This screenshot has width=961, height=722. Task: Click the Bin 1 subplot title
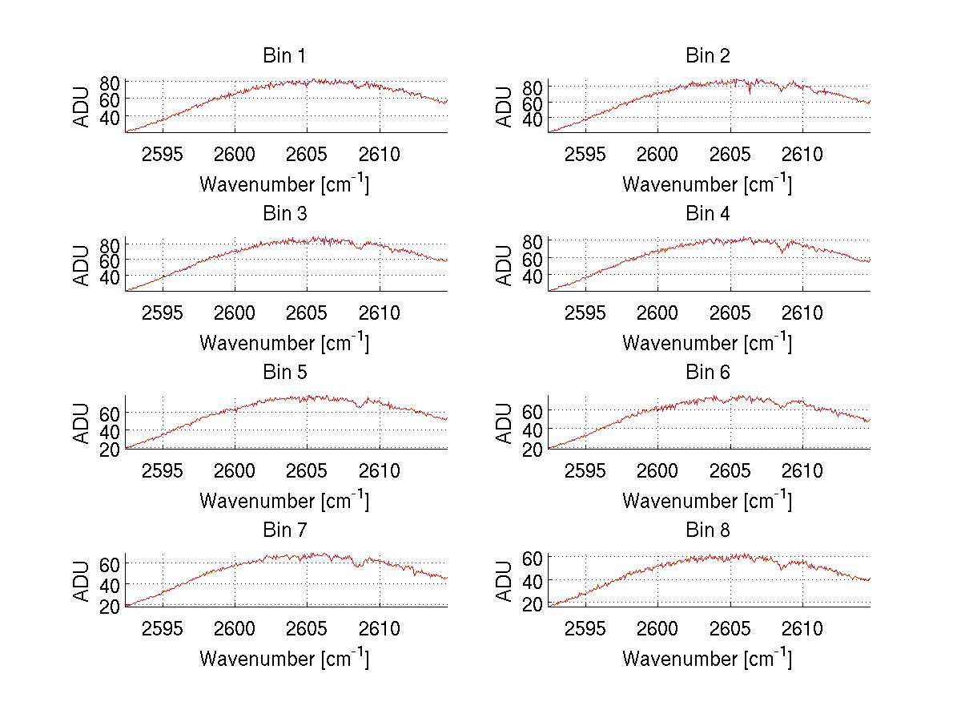[283, 56]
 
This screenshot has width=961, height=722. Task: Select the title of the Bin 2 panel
[707, 56]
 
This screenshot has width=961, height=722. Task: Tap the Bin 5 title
[283, 373]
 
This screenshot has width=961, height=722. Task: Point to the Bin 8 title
[707, 530]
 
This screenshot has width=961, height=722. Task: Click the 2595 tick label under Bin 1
[163, 154]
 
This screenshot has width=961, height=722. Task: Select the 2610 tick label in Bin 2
[802, 154]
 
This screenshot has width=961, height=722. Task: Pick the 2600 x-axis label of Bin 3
[235, 312]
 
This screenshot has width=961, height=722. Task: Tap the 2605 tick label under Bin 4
[730, 312]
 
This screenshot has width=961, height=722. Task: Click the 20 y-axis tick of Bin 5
[110, 449]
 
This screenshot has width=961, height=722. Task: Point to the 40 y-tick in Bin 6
[533, 430]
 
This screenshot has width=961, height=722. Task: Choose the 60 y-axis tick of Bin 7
[110, 563]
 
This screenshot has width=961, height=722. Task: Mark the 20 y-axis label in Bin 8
[533, 604]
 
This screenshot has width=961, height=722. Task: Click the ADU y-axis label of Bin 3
[82, 264]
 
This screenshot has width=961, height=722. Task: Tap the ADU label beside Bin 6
[505, 422]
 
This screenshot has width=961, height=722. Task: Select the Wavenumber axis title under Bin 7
[283, 658]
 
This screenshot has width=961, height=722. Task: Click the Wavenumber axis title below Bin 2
[707, 184]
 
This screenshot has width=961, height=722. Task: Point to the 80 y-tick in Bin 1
[110, 82]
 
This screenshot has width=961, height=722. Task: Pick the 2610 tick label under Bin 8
[802, 628]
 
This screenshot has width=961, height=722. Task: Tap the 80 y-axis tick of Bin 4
[533, 240]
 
